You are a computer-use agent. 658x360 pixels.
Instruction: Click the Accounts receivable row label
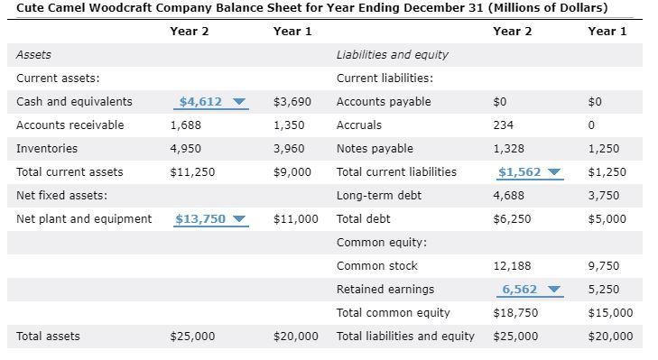tap(70, 125)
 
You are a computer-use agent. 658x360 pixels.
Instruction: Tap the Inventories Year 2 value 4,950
tap(186, 149)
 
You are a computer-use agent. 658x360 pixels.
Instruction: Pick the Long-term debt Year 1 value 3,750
tap(604, 196)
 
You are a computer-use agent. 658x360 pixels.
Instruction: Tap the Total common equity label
tap(393, 313)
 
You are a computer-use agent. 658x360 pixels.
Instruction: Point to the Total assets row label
tap(48, 337)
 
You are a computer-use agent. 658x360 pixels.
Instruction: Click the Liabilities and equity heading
tap(392, 55)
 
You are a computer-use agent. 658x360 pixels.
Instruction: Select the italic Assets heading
tap(33, 55)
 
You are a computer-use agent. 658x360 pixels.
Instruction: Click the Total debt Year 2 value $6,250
tap(513, 219)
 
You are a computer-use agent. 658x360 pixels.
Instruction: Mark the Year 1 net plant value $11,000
tap(295, 219)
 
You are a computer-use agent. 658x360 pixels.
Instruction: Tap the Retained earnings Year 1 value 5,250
tap(603, 290)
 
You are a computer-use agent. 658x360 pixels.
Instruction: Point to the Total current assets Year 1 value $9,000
tap(292, 172)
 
